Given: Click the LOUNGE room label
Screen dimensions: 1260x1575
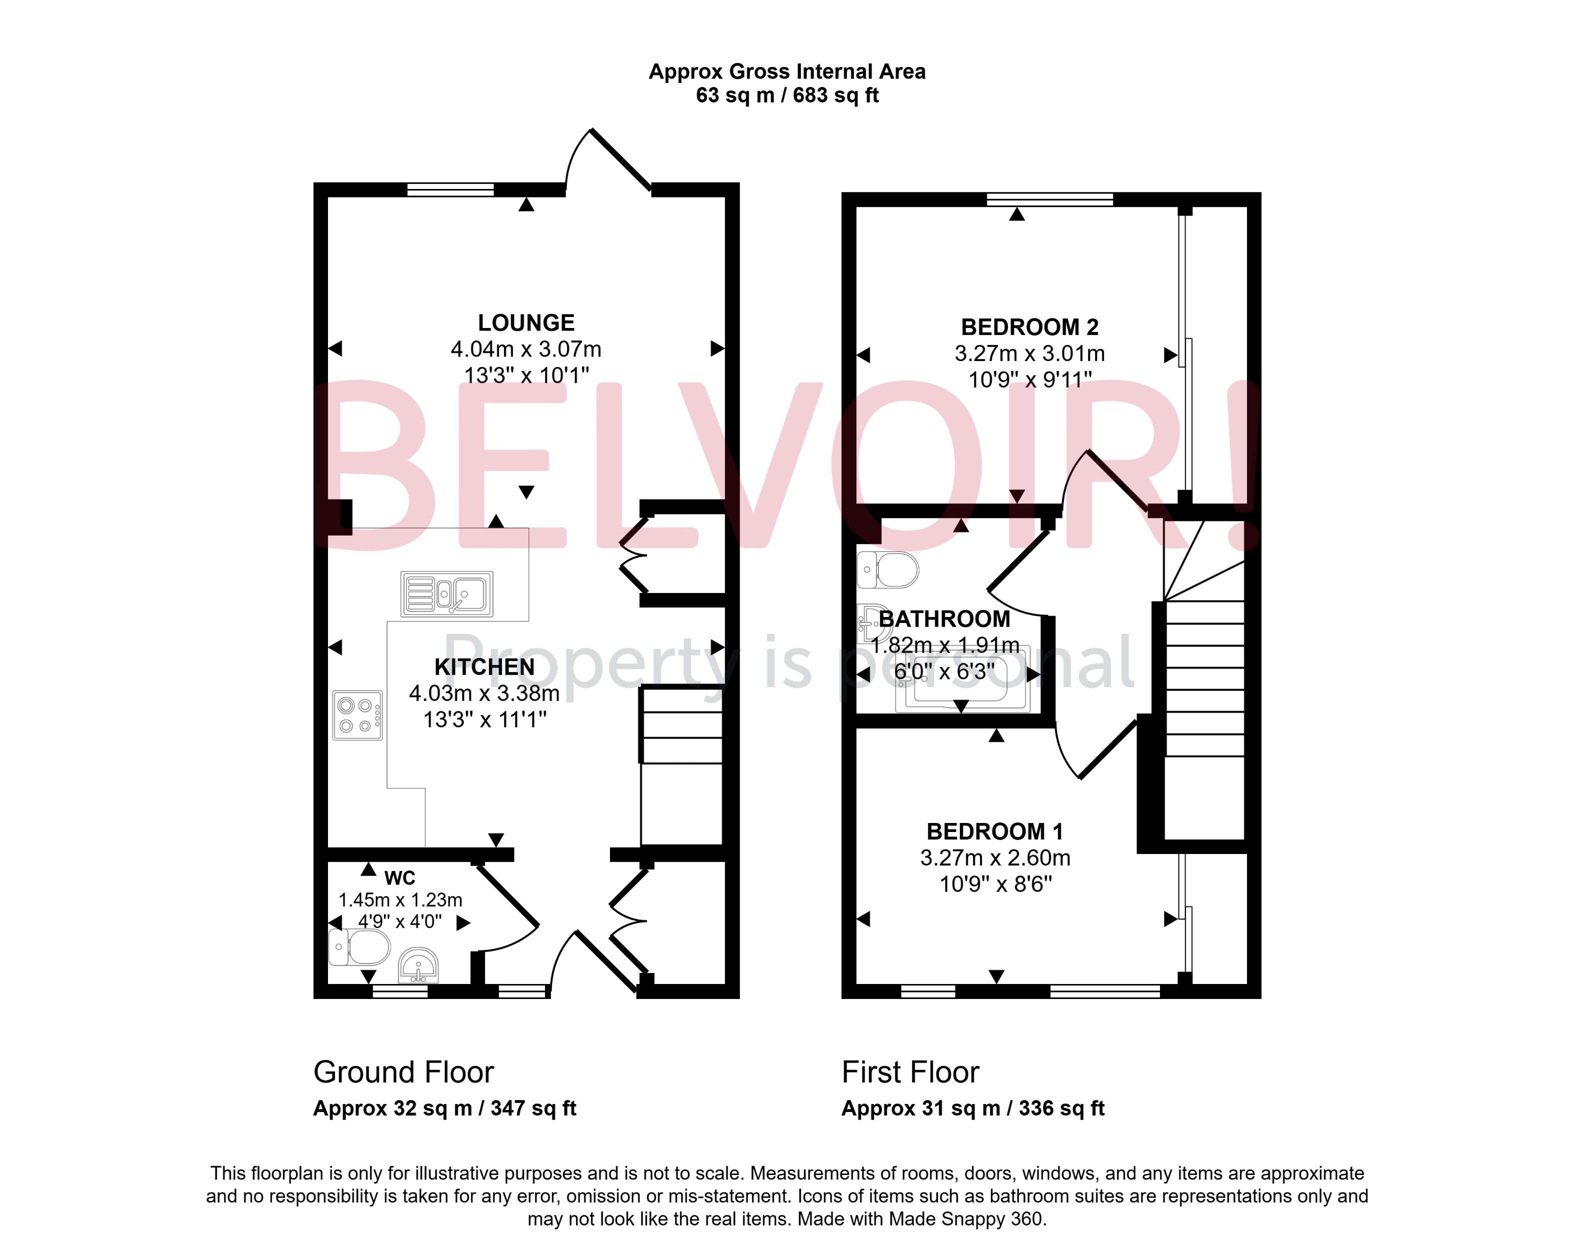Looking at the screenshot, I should pyautogui.click(x=526, y=323).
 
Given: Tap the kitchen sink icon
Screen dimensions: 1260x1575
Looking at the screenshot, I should pyautogui.click(x=447, y=593).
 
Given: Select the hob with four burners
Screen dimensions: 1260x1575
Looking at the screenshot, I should pyautogui.click(x=357, y=715).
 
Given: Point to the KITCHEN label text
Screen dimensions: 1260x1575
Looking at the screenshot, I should pyautogui.click(x=484, y=667).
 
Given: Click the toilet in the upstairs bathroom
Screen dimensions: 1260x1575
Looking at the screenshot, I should pyautogui.click(x=887, y=569).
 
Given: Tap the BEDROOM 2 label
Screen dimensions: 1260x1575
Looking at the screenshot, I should pyautogui.click(x=1029, y=327).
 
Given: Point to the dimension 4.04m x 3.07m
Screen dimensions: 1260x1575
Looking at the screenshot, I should pyautogui.click(x=526, y=349).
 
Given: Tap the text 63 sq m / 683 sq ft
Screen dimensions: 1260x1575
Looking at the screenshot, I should pyautogui.click(x=787, y=95).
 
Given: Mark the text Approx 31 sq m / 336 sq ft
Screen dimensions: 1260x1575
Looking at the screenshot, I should pyautogui.click(x=972, y=1109).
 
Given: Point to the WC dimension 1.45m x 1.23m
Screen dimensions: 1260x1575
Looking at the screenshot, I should pyautogui.click(x=400, y=900).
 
